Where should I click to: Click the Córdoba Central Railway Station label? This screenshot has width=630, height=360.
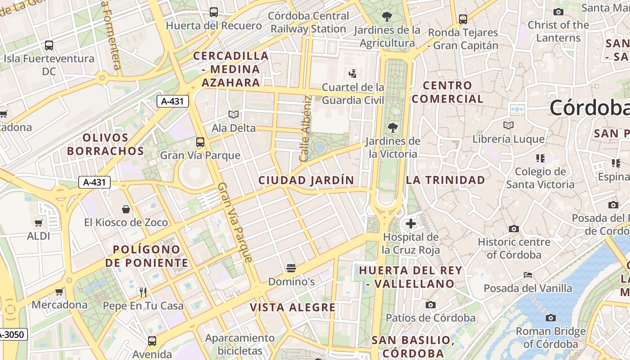coord(308,22)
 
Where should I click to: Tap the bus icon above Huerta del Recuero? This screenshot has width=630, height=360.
coord(214,12)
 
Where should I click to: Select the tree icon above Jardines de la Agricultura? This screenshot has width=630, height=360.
coord(387,17)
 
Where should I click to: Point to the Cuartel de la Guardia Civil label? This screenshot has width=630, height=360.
coord(353,94)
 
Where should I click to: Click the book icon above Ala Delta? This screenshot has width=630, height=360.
coord(234,115)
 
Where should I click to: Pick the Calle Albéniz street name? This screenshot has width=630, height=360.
coord(306,128)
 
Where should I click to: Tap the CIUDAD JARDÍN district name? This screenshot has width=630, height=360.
coord(306,180)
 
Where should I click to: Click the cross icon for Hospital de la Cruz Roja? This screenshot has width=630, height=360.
coord(410,223)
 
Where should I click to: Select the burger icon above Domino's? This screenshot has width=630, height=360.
coord(291,268)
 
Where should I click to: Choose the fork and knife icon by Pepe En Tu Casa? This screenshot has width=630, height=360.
coord(143,292)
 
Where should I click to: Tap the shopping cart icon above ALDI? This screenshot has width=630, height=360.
coord(39,223)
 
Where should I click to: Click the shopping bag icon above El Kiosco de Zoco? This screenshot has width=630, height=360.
coord(126,209)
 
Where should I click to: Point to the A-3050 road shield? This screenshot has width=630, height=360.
coord(13,335)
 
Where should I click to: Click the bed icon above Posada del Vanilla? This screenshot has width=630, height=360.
coord(528,275)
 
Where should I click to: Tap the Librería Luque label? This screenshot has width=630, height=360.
coord(508,139)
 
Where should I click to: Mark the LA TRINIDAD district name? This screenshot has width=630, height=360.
coord(445,180)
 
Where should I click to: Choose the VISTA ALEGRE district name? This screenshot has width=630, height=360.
coord(292,307)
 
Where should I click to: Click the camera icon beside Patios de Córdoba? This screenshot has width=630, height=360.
coord(431,305)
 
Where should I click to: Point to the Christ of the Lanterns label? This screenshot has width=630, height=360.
coord(558,31)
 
